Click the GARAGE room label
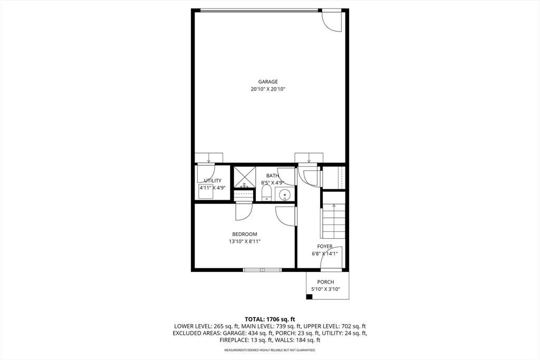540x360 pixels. click(x=268, y=82)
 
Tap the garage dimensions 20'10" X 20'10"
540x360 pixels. click(x=268, y=89)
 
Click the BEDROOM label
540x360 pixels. click(x=245, y=234)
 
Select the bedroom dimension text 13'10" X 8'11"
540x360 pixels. click(x=245, y=241)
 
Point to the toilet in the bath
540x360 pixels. click(x=267, y=193)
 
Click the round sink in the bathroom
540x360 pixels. click(x=285, y=195)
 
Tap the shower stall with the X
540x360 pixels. click(x=245, y=177)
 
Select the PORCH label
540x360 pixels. click(x=325, y=282)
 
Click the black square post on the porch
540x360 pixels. click(x=309, y=297)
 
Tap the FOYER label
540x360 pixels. click(x=325, y=247)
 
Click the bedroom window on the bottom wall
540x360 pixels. click(x=263, y=270)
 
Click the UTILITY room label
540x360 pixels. click(x=213, y=180)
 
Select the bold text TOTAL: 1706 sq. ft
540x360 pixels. click(x=269, y=319)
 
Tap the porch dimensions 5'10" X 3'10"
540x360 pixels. click(x=325, y=289)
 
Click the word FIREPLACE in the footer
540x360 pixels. click(x=233, y=340)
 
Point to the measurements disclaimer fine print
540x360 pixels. click(x=269, y=350)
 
